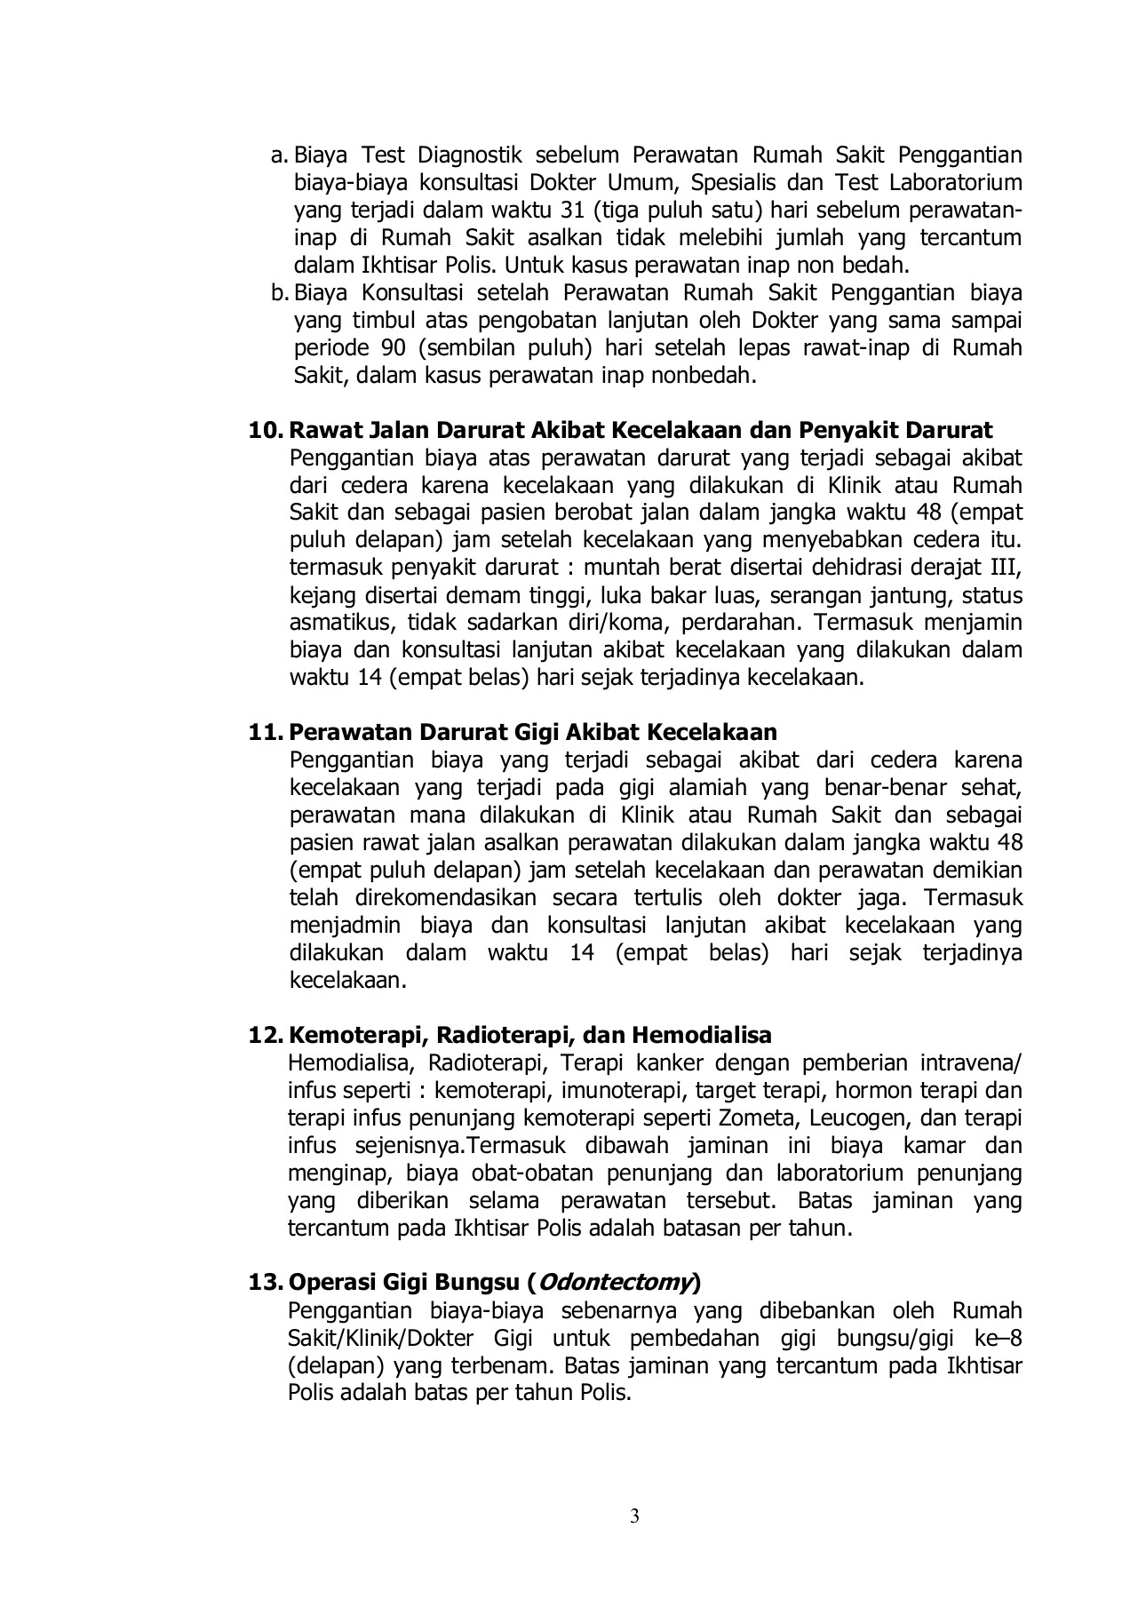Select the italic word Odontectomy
click(616, 1284)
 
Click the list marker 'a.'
click(279, 155)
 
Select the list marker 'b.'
click(280, 292)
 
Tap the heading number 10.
click(264, 431)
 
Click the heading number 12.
click(264, 1035)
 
